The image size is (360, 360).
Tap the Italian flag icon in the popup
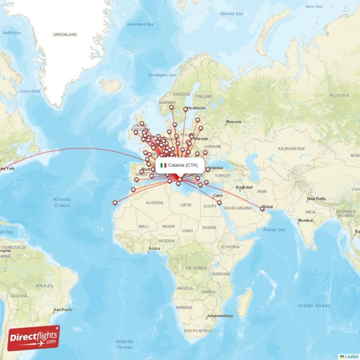click(163, 165)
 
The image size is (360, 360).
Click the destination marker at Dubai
click(262, 209)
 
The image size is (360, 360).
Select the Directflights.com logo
click(33, 338)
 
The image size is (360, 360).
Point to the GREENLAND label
click(65, 35)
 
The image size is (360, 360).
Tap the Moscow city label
click(234, 122)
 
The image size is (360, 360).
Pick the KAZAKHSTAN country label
click(291, 148)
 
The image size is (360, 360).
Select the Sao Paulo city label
click(63, 310)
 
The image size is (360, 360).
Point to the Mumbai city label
click(305, 220)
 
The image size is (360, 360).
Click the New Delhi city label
click(316, 199)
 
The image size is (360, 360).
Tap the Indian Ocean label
click(314, 306)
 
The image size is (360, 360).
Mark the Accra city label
click(154, 248)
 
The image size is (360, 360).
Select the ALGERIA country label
click(154, 203)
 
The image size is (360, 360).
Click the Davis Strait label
click(30, 91)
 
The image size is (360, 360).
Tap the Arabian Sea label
click(274, 230)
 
